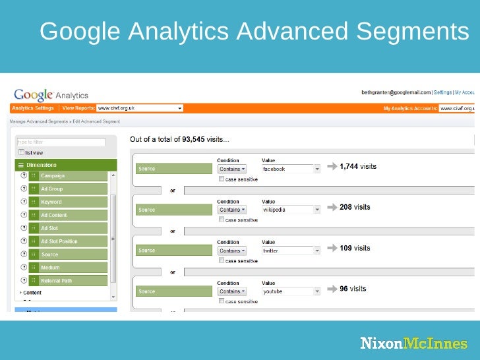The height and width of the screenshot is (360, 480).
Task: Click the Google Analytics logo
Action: pyautogui.click(x=51, y=96)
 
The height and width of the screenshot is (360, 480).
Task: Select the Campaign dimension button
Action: pyautogui.click(x=72, y=176)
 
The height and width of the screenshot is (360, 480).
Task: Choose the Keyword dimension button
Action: pyautogui.click(x=72, y=202)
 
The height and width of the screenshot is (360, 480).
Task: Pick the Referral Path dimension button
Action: pyautogui.click(x=72, y=280)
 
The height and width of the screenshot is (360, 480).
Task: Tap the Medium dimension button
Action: pyautogui.click(x=72, y=268)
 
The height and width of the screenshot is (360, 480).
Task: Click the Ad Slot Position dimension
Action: pyautogui.click(x=72, y=241)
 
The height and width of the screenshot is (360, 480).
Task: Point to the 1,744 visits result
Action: pyautogui.click(x=357, y=167)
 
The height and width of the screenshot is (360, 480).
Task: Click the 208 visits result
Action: pyautogui.click(x=355, y=207)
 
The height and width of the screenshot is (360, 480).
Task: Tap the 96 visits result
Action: pyautogui.click(x=353, y=289)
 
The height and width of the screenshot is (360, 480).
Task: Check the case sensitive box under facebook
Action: pyautogui.click(x=222, y=179)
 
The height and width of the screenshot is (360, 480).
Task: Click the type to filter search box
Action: pyautogui.click(x=61, y=142)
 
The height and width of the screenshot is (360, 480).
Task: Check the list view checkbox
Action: pyautogui.click(x=21, y=152)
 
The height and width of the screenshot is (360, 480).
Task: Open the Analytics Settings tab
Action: pyautogui.click(x=32, y=108)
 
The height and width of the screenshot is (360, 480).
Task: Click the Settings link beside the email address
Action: pyautogui.click(x=442, y=93)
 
